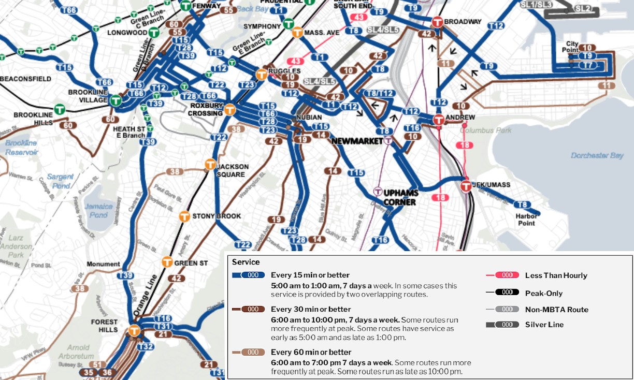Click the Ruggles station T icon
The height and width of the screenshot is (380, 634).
262,74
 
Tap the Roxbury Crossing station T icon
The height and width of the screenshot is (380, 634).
229,110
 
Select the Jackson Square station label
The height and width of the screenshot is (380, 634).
232,170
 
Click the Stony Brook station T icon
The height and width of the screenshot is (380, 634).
184,216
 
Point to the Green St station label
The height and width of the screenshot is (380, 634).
191,263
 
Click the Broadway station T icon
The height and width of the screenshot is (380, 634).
437,22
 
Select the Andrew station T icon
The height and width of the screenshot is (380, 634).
438,119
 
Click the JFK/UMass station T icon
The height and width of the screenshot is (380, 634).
466,186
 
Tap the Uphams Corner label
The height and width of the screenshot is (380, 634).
400,197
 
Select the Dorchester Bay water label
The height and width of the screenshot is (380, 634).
597,155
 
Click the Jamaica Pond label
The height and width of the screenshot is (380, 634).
98,211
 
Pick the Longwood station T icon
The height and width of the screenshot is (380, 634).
153,33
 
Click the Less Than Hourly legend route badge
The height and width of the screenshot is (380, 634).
507,275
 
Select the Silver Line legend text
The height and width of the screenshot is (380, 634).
544,325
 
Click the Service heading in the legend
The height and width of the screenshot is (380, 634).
246,262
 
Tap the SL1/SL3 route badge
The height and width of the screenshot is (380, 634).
537,4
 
